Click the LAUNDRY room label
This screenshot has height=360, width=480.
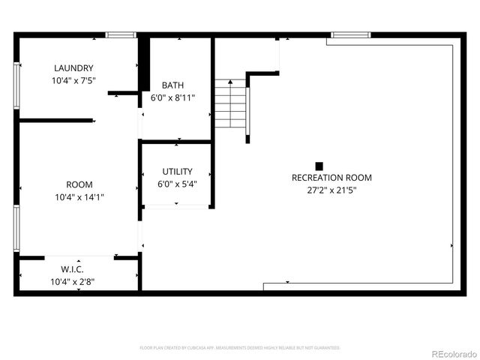point(73,67)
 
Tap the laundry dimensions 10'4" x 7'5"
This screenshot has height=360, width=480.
point(73,79)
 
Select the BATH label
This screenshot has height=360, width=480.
point(172,85)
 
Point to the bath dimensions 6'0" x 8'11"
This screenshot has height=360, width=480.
point(172,97)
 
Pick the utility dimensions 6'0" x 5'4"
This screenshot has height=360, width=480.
point(177,184)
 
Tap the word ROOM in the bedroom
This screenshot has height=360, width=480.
point(79,184)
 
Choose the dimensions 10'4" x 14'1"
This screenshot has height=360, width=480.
point(79,197)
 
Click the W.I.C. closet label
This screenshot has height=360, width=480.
point(72,269)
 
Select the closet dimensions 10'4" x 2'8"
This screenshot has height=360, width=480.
point(72,282)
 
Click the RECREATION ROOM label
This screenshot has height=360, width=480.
point(331,178)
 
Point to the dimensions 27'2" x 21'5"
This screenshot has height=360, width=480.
point(331,190)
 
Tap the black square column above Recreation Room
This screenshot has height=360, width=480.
point(319,166)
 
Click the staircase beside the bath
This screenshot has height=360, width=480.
point(231,105)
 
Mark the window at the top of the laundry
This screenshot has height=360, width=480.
point(120,34)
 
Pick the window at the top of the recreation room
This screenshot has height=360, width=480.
point(351,34)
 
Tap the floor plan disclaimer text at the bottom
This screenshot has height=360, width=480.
point(240,348)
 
